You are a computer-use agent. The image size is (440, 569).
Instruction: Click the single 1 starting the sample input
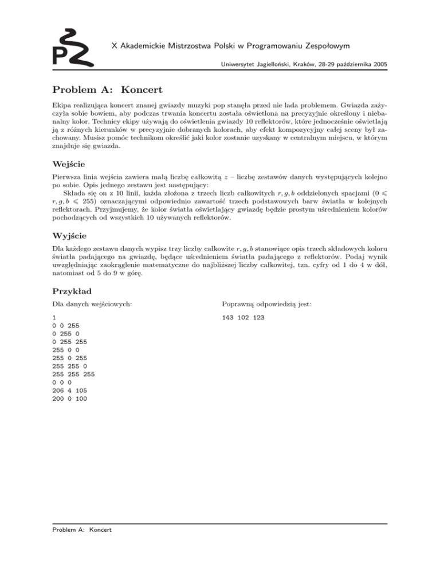click(x=54, y=317)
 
